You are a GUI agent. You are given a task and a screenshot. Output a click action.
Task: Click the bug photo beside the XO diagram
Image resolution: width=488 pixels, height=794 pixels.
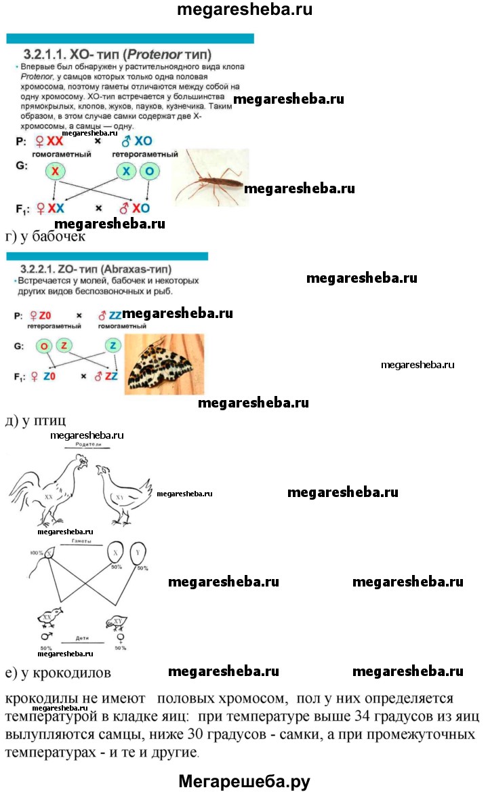(210, 178)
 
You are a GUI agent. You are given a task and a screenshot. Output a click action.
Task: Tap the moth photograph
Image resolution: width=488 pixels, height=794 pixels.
(164, 364)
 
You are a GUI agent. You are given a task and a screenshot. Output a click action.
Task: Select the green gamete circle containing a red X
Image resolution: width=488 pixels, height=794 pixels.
(55, 172)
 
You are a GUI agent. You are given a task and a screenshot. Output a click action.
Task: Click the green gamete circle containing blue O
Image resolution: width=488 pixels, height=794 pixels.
(150, 172)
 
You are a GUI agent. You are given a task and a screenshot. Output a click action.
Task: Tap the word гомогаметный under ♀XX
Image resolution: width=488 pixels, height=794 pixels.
(61, 155)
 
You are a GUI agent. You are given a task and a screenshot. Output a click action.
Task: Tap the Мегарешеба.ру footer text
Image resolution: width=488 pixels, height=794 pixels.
(244, 781)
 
